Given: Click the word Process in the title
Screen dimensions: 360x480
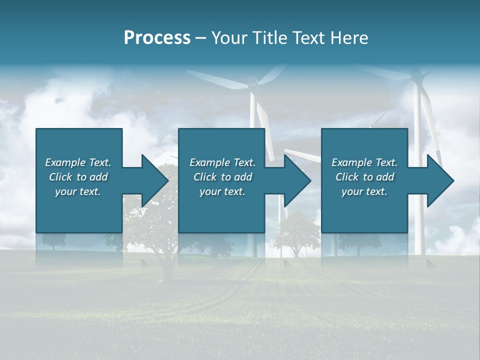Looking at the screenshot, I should coord(157,38).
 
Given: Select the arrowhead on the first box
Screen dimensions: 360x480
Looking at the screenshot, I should coord(155,180).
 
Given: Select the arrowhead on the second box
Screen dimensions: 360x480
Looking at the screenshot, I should coord(297,180).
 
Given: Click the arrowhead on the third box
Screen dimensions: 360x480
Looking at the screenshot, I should coord(440,180).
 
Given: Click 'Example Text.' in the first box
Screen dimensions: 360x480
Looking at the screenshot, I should coord(78,162).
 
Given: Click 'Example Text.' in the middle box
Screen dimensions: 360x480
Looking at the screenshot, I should coord(222,162).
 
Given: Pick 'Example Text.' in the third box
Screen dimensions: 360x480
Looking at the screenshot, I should coord(364,162).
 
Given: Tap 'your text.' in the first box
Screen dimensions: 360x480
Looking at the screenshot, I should coord(78,191).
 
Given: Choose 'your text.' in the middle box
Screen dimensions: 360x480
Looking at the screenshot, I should coord(222,191).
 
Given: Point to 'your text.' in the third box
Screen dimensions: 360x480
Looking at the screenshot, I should coord(364,191).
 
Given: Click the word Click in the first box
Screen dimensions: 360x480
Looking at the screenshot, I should coord(61,177).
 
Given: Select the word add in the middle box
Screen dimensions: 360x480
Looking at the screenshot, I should coord(243,177).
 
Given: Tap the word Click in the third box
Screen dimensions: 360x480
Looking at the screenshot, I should coord(347,177).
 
